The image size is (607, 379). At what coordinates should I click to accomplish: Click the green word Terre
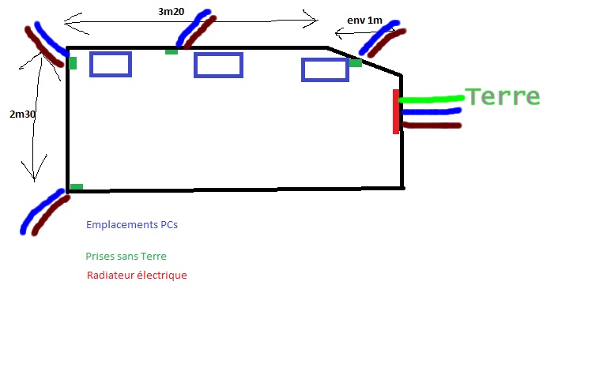tap(503, 97)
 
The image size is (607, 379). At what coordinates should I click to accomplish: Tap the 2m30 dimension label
tap(23, 114)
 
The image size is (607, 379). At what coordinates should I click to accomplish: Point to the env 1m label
tap(364, 21)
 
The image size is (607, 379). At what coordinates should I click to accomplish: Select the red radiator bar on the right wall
tap(396, 111)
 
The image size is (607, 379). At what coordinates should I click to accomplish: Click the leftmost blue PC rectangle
tap(111, 64)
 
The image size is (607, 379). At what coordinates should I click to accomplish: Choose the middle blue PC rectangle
tap(218, 65)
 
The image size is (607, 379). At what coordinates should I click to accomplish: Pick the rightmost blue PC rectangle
tap(325, 69)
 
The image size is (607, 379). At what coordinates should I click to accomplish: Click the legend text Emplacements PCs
tap(132, 225)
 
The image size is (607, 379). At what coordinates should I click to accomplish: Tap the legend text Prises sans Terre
tap(126, 257)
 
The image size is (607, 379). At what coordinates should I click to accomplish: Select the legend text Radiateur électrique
tap(137, 276)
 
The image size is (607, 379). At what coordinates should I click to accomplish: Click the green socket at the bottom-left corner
tap(77, 187)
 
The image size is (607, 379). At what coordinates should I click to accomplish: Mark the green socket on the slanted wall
tap(356, 63)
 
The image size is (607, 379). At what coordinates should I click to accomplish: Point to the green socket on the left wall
tap(73, 63)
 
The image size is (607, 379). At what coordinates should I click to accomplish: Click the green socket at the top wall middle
tap(172, 51)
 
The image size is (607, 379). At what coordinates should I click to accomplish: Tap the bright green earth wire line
tap(432, 99)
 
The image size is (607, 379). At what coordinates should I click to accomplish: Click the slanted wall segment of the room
tap(365, 61)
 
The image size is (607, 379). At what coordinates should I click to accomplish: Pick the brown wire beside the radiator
tap(432, 125)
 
